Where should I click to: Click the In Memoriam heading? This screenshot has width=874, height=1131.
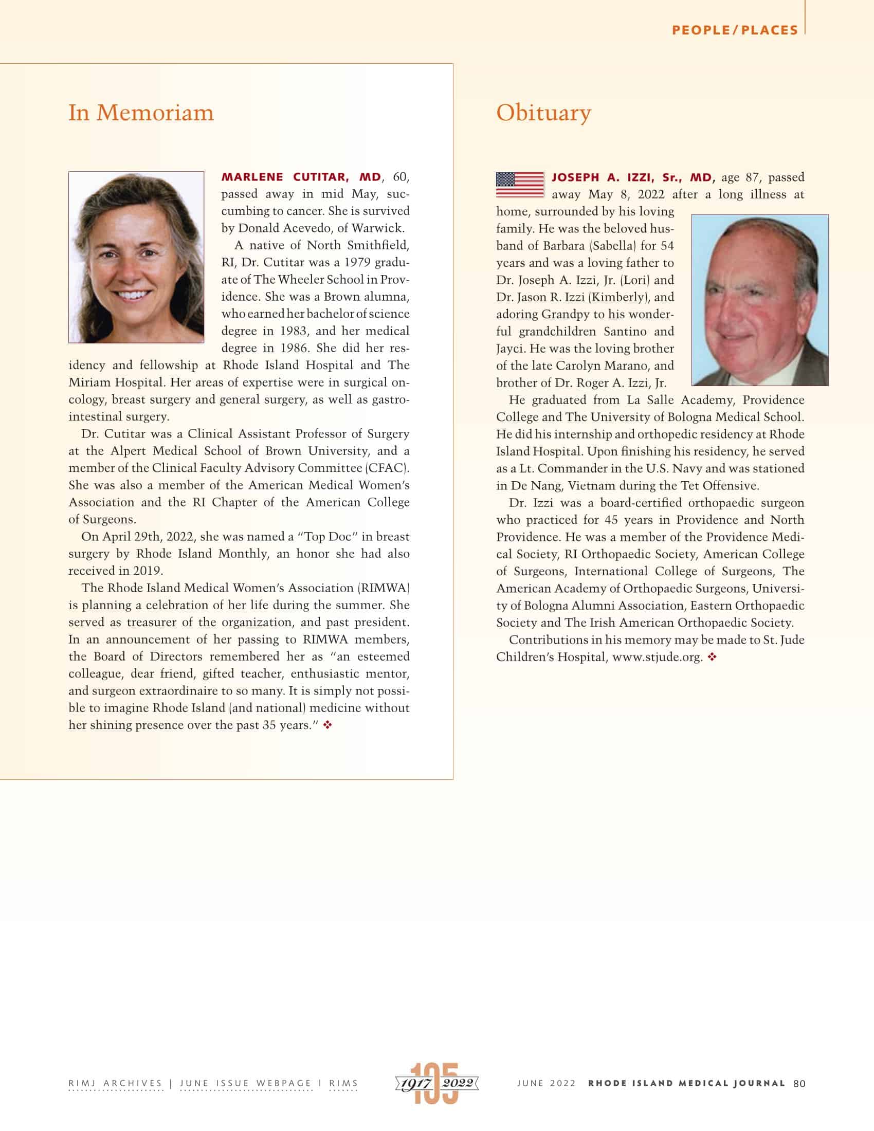141,113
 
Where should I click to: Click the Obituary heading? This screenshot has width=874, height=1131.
543,113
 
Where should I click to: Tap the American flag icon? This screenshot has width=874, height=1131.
520,185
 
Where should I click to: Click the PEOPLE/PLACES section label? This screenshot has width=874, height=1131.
735,30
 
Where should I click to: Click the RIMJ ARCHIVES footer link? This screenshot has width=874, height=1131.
116,1083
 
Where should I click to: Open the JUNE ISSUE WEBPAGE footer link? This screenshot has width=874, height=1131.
246,1083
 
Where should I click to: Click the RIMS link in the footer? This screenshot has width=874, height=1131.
343,1083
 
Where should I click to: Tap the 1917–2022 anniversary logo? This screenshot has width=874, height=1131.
436,1083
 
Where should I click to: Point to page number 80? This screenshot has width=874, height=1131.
799,1083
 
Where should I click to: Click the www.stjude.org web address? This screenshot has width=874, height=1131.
657,657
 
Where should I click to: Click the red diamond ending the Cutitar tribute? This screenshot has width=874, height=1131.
327,725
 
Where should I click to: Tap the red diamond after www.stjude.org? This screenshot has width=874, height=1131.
713,657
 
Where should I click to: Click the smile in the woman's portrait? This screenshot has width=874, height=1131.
133,295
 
